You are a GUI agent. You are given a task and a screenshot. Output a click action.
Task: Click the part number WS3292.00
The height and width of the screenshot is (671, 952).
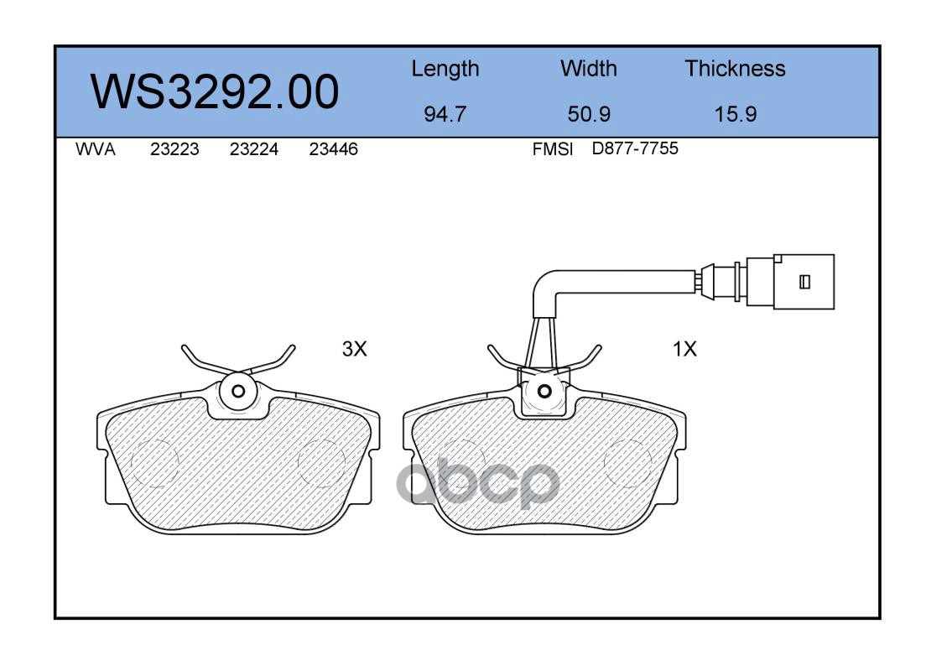215,91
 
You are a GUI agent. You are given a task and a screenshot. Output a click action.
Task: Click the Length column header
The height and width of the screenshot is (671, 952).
445,70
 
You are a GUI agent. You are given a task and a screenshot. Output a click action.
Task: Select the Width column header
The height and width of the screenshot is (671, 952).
588,68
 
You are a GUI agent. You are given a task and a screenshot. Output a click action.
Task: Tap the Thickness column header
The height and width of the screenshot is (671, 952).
735,68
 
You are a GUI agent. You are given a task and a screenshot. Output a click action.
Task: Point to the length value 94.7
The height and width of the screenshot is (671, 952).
445,114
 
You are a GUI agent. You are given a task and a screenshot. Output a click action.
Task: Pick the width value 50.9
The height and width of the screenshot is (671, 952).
589,114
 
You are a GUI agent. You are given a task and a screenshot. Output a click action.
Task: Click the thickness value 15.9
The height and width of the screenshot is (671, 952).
736,114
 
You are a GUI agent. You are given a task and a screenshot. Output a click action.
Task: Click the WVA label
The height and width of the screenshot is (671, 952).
96,149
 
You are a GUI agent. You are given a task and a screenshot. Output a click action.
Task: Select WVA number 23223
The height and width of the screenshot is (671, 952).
174,149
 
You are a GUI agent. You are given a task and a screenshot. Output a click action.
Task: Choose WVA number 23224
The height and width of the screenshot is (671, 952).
254,149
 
